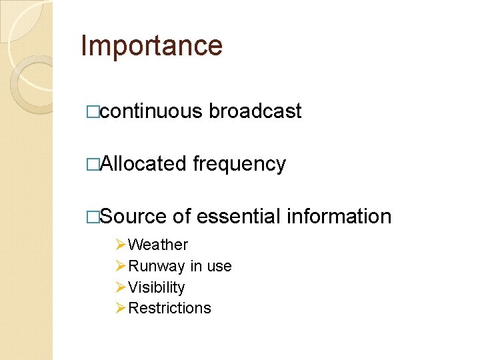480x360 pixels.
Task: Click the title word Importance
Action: pyautogui.click(x=151, y=46)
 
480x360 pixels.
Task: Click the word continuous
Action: pyautogui.click(x=151, y=111)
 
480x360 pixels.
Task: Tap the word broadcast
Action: pyautogui.click(x=255, y=111)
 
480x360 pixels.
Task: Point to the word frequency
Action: pyautogui.click(x=239, y=165)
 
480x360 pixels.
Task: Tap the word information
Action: pyautogui.click(x=339, y=217)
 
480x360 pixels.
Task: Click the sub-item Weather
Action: pyautogui.click(x=158, y=245)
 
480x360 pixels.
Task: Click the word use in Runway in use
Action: pyautogui.click(x=219, y=267)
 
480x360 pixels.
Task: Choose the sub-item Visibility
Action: pyautogui.click(x=157, y=287)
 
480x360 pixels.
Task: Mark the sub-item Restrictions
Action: pyautogui.click(x=169, y=308)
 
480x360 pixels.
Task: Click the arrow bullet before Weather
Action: pyautogui.click(x=120, y=245)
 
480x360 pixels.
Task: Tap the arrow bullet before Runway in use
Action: pyautogui.click(x=120, y=267)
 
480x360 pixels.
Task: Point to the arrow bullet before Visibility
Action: pyautogui.click(x=120, y=287)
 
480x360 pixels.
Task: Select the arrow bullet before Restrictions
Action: pyautogui.click(x=120, y=308)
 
